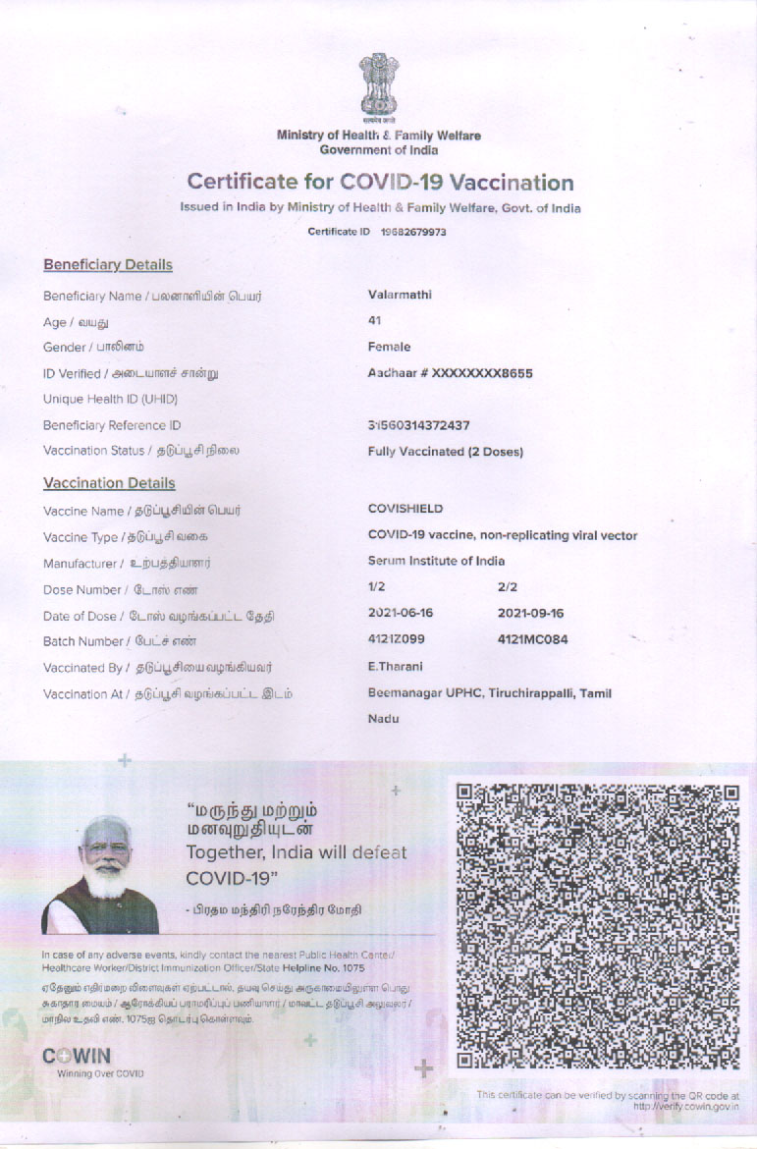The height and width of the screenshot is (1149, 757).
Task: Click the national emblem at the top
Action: (378, 86)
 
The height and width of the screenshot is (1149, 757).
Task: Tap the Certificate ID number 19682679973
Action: (412, 233)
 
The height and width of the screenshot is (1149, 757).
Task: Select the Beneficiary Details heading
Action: (108, 265)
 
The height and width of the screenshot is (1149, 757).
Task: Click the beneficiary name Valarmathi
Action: (400, 295)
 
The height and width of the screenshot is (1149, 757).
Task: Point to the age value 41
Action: (374, 320)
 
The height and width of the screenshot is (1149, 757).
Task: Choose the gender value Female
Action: (389, 347)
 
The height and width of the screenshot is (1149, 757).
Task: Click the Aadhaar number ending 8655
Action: (450, 373)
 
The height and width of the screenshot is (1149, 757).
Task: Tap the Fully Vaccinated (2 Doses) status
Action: (445, 452)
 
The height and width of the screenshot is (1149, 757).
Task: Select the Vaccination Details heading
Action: (109, 483)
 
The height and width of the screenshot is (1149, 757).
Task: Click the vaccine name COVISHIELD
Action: (406, 509)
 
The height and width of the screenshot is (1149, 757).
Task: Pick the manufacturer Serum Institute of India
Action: (436, 561)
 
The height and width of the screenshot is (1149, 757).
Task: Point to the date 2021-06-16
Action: (401, 613)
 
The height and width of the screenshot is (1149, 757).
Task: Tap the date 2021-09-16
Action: (531, 613)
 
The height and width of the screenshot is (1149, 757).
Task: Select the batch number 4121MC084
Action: (533, 639)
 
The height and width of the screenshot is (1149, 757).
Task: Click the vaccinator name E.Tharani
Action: (395, 667)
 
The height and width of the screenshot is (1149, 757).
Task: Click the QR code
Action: (597, 926)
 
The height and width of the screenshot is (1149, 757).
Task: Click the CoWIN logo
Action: (78, 1057)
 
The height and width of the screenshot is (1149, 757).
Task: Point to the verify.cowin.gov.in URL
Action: (686, 1107)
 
